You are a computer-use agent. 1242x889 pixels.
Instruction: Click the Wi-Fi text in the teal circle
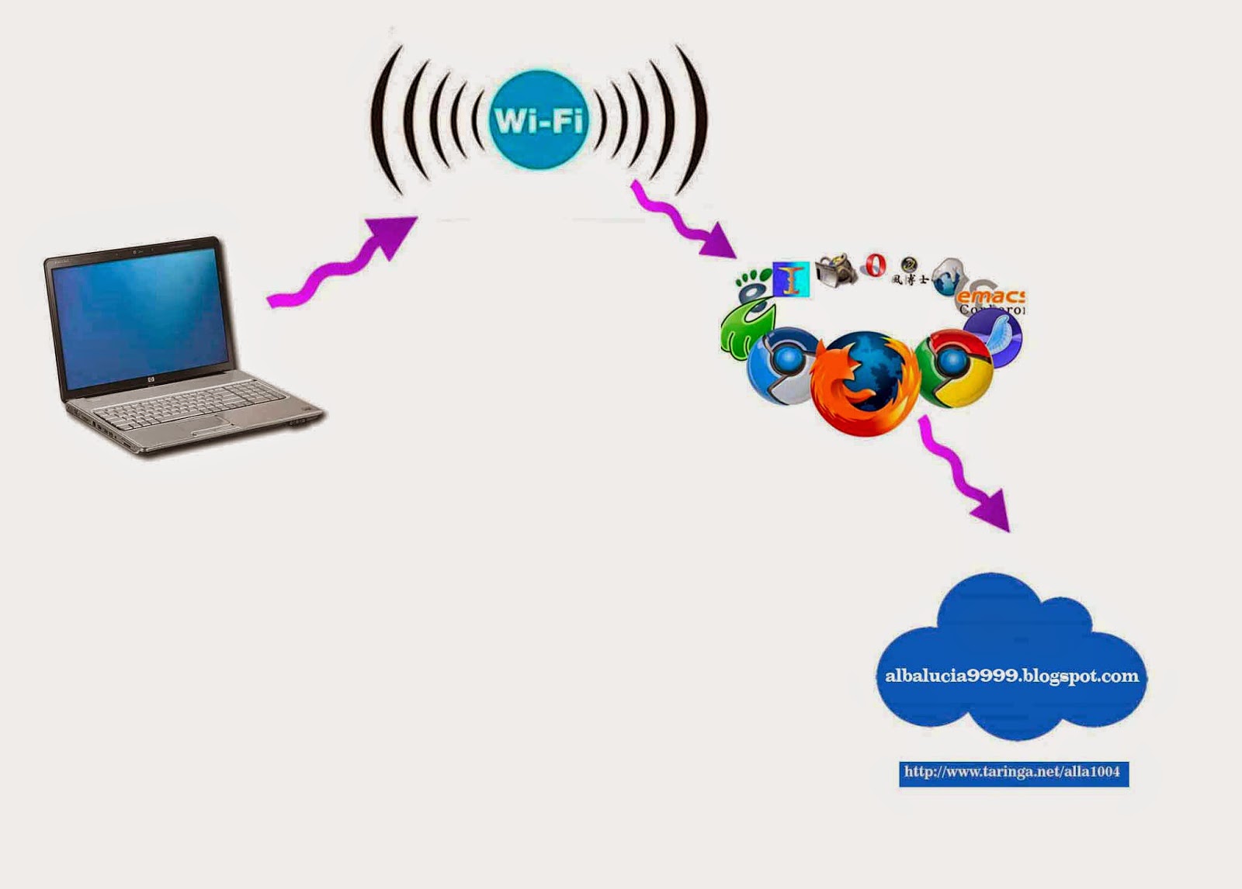tap(538, 121)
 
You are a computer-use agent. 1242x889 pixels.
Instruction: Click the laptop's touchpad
tap(210, 424)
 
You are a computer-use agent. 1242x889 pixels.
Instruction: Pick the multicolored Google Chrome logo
tap(954, 368)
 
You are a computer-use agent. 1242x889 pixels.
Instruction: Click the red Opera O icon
tap(876, 266)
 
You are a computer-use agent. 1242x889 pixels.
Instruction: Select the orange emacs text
tap(991, 296)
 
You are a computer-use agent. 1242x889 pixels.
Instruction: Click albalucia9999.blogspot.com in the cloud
tap(1011, 676)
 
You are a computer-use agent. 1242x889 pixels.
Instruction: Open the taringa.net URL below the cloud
tap(1012, 772)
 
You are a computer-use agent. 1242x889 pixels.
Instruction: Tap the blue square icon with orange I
tap(791, 279)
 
